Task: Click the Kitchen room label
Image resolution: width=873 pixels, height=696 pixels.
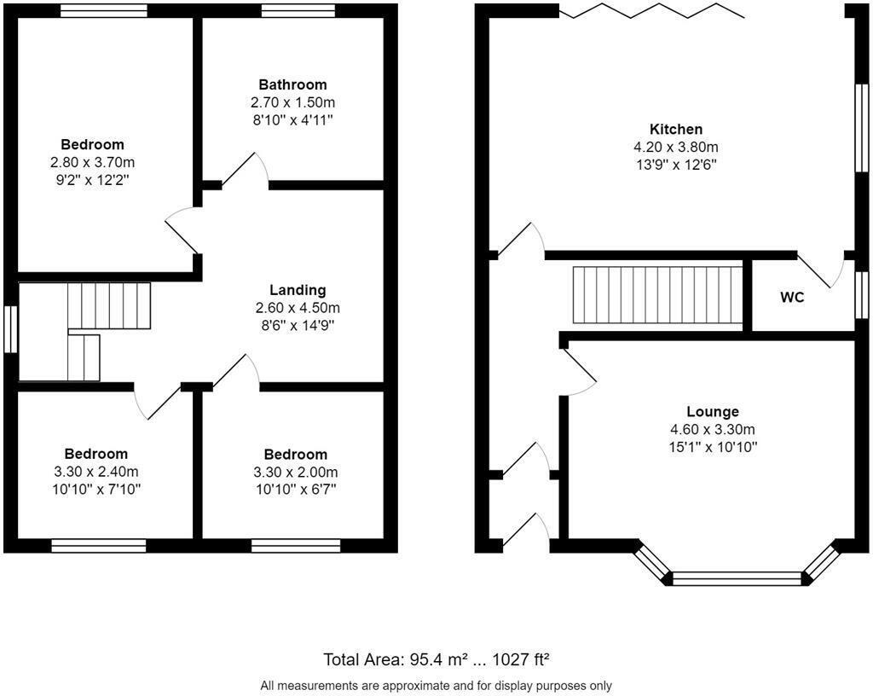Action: coord(676,129)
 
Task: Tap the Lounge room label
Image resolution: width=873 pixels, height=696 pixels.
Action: coord(712,411)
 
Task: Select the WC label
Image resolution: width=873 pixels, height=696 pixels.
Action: coord(792,298)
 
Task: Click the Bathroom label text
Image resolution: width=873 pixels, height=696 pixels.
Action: coord(292,84)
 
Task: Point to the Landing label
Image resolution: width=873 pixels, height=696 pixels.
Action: coord(297,290)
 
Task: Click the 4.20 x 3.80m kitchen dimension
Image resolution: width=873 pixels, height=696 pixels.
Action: coord(676,147)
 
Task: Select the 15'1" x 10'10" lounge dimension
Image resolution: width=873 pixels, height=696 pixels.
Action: coord(712,447)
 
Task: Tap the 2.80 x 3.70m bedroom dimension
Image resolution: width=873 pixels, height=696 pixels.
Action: coord(92,162)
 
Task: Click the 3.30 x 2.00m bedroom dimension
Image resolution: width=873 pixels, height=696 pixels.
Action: coord(295,473)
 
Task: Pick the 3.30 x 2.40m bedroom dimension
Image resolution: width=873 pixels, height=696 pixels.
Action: coord(95,472)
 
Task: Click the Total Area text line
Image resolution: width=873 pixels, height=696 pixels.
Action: coord(436,659)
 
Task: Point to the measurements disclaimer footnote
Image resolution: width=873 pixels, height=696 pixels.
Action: coord(436,685)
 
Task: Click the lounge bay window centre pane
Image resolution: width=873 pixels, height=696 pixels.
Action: coord(737,579)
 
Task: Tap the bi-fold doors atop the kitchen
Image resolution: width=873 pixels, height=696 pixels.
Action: coord(651,11)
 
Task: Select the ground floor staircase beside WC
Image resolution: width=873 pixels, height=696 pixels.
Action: coord(656,295)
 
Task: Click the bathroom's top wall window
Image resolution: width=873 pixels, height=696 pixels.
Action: coord(298,11)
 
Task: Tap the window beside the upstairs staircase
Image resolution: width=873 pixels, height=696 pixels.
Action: coord(10,329)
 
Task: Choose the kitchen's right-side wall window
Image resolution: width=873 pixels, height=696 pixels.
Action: coord(861,128)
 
